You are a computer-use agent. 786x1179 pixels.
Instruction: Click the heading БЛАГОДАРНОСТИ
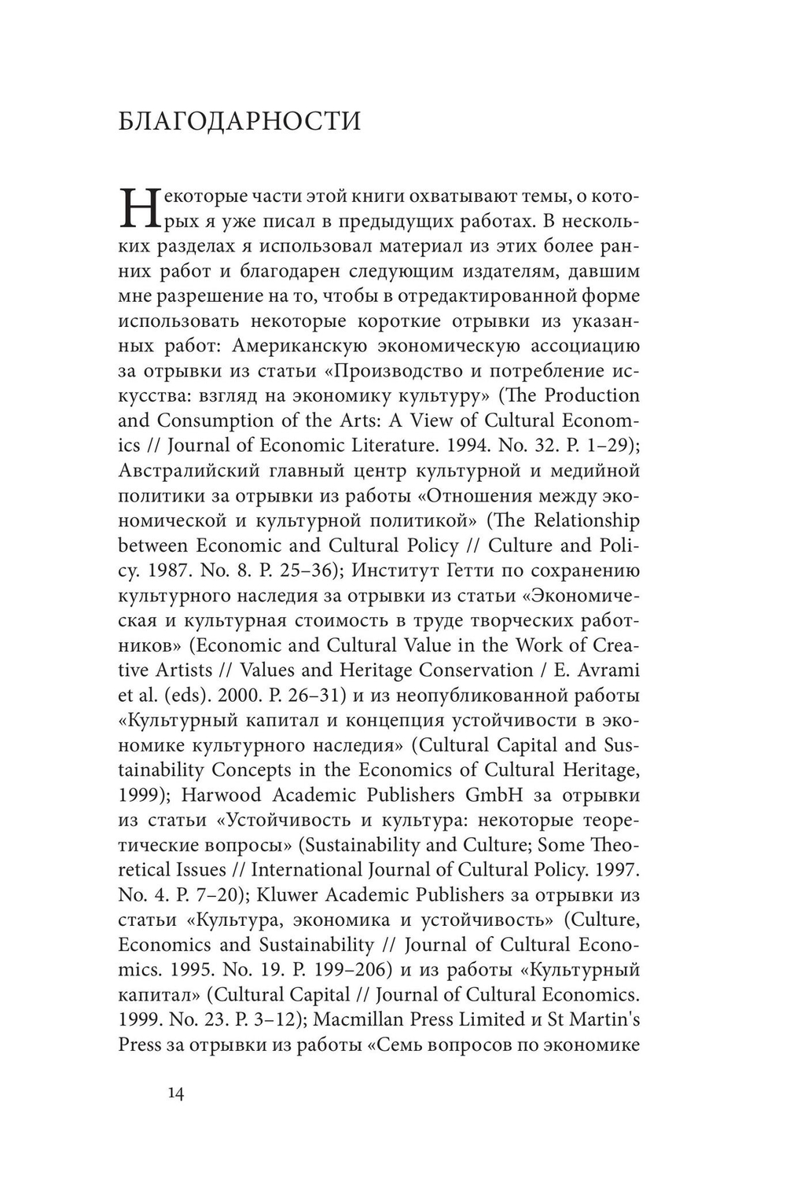click(239, 122)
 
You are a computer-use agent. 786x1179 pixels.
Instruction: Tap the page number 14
click(176, 1093)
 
